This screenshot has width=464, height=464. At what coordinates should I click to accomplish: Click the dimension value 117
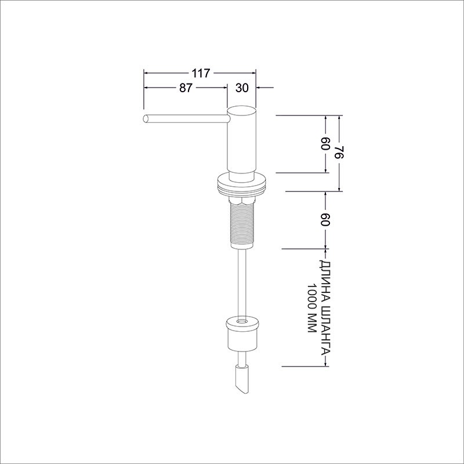point(201,73)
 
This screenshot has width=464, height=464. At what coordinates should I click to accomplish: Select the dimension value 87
point(186,88)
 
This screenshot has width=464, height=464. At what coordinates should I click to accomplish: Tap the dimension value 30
point(242,88)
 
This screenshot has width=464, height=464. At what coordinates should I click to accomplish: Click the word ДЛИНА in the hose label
point(325,280)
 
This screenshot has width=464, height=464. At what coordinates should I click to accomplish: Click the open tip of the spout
point(146,119)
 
